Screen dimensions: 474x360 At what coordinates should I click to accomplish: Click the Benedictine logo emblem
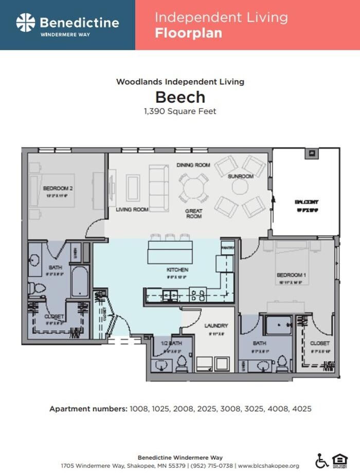pos(26,23)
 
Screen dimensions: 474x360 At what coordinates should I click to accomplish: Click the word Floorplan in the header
pos(188,33)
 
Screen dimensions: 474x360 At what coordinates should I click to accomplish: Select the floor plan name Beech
pos(180,97)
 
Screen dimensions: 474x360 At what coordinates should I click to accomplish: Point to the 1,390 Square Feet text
pos(180,111)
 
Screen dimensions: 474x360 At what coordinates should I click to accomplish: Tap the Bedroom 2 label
pos(58,189)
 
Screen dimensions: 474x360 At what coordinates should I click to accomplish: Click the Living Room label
pos(132,210)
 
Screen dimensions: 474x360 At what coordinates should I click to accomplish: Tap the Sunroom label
pos(241,176)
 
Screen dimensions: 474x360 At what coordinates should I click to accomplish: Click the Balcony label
pos(307,202)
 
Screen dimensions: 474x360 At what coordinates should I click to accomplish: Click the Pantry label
pos(228,248)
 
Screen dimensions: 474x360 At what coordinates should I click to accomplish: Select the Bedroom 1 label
pos(291,275)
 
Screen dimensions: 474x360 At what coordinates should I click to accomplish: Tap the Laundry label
pos(216,326)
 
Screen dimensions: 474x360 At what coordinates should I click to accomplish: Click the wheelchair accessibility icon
pos(321,460)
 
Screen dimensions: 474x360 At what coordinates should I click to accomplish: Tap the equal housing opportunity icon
pos(339,460)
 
